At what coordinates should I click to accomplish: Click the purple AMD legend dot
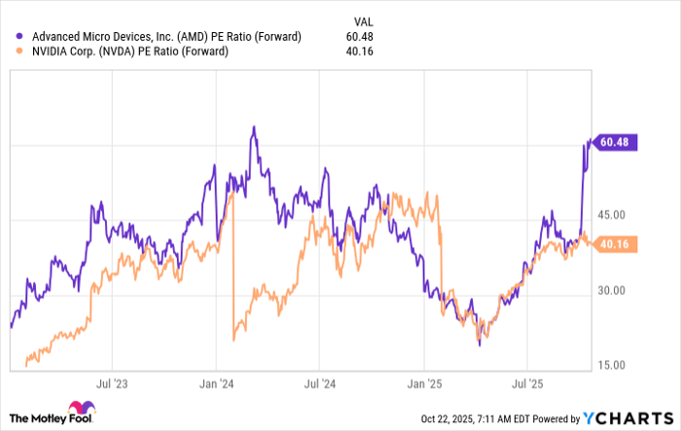tap(19, 37)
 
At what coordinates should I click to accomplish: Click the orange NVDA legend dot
tap(19, 52)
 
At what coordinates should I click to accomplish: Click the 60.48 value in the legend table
tap(361, 37)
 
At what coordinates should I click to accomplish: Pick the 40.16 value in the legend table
tap(361, 52)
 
